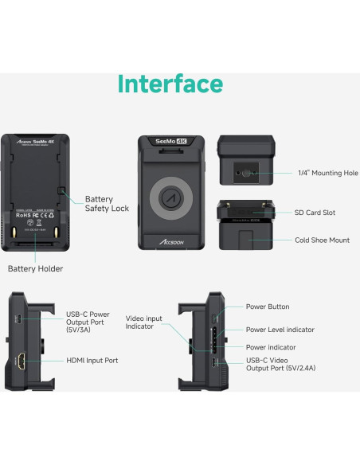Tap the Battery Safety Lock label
(x=107, y=204)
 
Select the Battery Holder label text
(x=35, y=269)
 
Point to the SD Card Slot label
(x=315, y=213)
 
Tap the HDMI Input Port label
(x=92, y=361)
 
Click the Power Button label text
(x=268, y=307)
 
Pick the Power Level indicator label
(x=280, y=330)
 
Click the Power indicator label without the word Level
(x=271, y=347)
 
